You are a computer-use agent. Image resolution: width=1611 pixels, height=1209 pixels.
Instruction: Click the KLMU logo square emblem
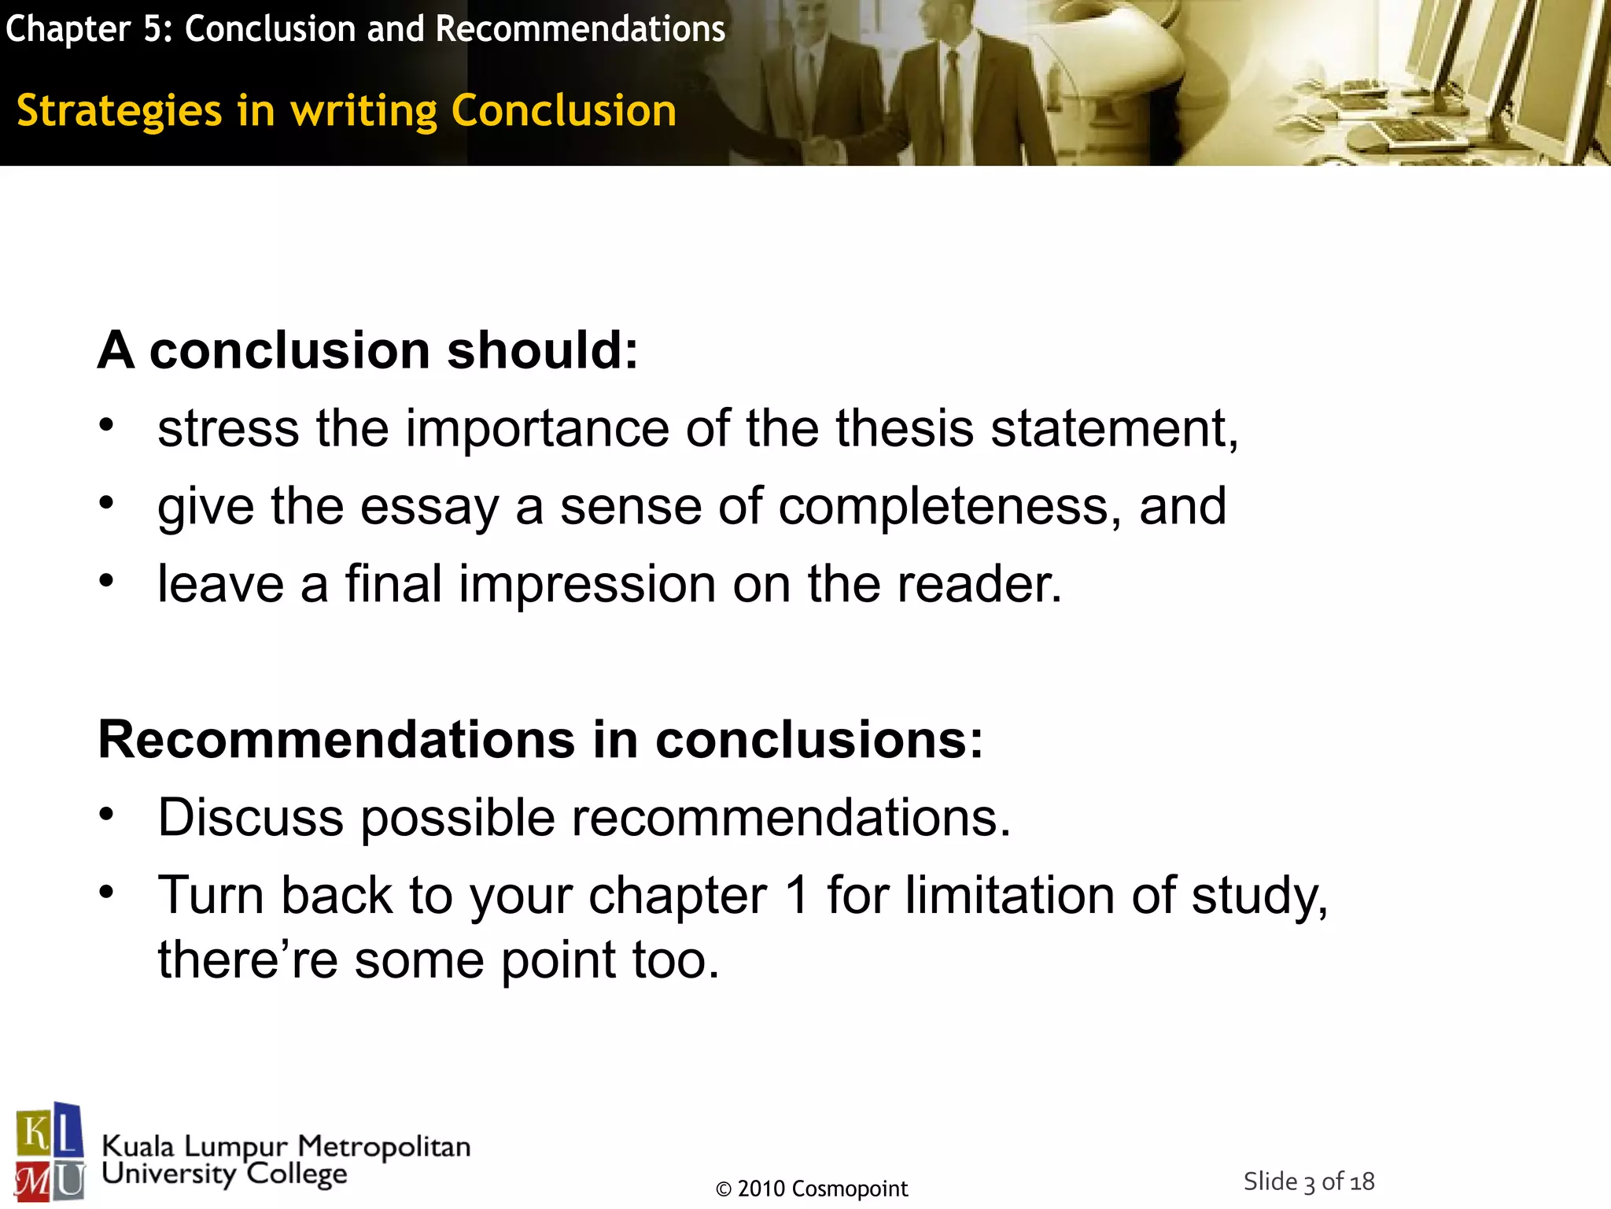point(50,1151)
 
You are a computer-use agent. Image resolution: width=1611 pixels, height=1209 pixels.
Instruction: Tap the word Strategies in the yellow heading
point(119,110)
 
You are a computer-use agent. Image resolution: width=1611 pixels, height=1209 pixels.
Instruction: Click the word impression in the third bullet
point(586,584)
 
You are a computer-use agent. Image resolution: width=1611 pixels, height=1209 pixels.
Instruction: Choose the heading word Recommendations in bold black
point(337,740)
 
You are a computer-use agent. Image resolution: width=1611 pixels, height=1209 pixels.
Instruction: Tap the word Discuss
point(250,817)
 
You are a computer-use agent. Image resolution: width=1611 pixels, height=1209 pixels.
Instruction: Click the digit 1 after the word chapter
point(797,896)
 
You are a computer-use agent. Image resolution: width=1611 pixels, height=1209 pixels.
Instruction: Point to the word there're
point(247,960)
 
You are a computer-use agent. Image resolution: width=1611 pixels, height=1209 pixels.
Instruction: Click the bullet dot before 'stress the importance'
point(107,426)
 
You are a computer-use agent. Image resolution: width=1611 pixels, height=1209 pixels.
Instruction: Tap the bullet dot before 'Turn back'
point(107,893)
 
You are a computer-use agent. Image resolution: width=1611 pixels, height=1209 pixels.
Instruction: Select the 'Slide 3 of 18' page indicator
point(1308,1181)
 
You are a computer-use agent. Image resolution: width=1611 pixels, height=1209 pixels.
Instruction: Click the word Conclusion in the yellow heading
point(563,110)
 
